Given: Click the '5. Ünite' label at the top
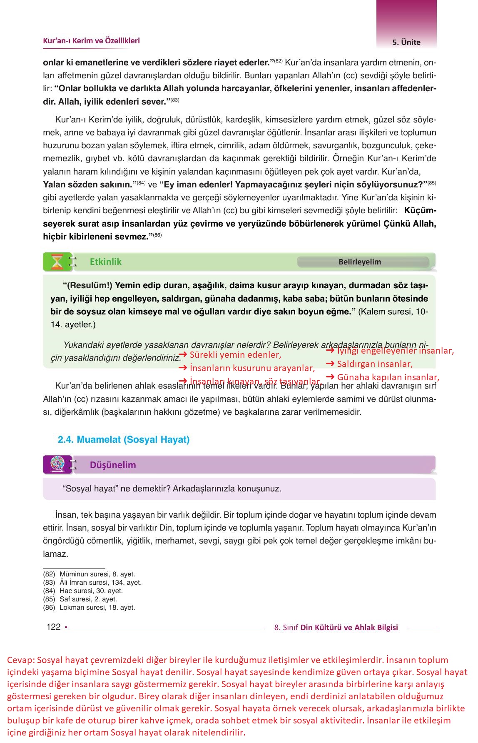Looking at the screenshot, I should tap(406, 42).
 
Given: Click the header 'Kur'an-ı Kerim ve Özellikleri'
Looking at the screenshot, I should tap(91, 41).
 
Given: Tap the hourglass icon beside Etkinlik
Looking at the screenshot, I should tap(57, 262).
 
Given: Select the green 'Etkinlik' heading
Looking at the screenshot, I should tap(106, 262).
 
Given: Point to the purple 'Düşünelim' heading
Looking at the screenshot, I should tap(113, 465).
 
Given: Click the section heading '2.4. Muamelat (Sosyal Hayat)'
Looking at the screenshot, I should tap(124, 440).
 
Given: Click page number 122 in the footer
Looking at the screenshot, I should tap(53, 627).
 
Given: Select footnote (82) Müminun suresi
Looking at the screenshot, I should tap(89, 574).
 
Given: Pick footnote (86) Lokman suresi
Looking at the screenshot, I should tap(89, 608).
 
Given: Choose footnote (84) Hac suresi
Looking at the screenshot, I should tap(83, 591).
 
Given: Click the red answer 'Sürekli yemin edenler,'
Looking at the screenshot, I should tap(235, 355).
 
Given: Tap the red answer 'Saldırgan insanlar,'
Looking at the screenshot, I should tap(375, 364).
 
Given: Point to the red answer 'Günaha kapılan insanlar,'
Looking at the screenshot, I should tap(388, 377).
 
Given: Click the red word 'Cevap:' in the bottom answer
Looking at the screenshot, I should tap(21, 660).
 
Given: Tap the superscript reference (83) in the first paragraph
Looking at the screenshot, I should tap(175, 100).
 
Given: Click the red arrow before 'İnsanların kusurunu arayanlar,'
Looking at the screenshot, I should tap(182, 368).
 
